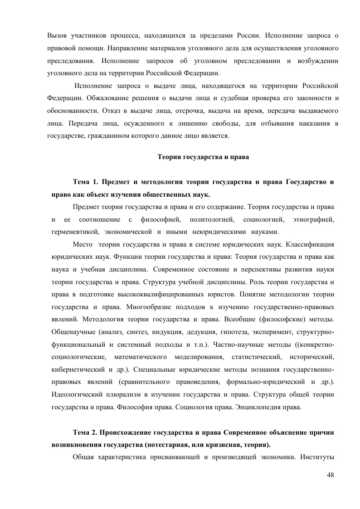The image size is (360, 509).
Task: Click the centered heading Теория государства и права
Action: (x=203, y=157)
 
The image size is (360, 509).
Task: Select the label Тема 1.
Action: (x=86, y=182)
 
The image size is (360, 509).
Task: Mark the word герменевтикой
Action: (x=73, y=232)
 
